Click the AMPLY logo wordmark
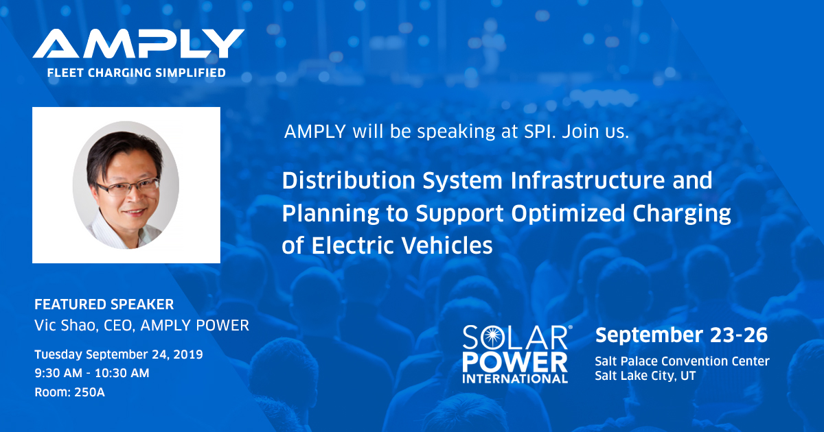click(x=138, y=43)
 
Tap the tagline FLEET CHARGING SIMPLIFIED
click(x=137, y=73)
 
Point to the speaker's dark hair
click(x=123, y=154)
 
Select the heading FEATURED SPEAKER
click(x=104, y=304)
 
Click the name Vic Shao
click(x=65, y=326)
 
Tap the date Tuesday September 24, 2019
click(x=119, y=355)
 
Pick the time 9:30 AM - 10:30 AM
click(x=92, y=373)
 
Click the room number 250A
click(x=89, y=392)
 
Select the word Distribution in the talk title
click(x=349, y=180)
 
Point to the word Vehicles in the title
click(x=446, y=245)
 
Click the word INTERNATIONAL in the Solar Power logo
click(x=515, y=379)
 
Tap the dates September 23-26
click(x=682, y=335)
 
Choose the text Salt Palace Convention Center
click(x=683, y=361)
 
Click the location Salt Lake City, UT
click(x=645, y=376)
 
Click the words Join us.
click(x=595, y=132)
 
